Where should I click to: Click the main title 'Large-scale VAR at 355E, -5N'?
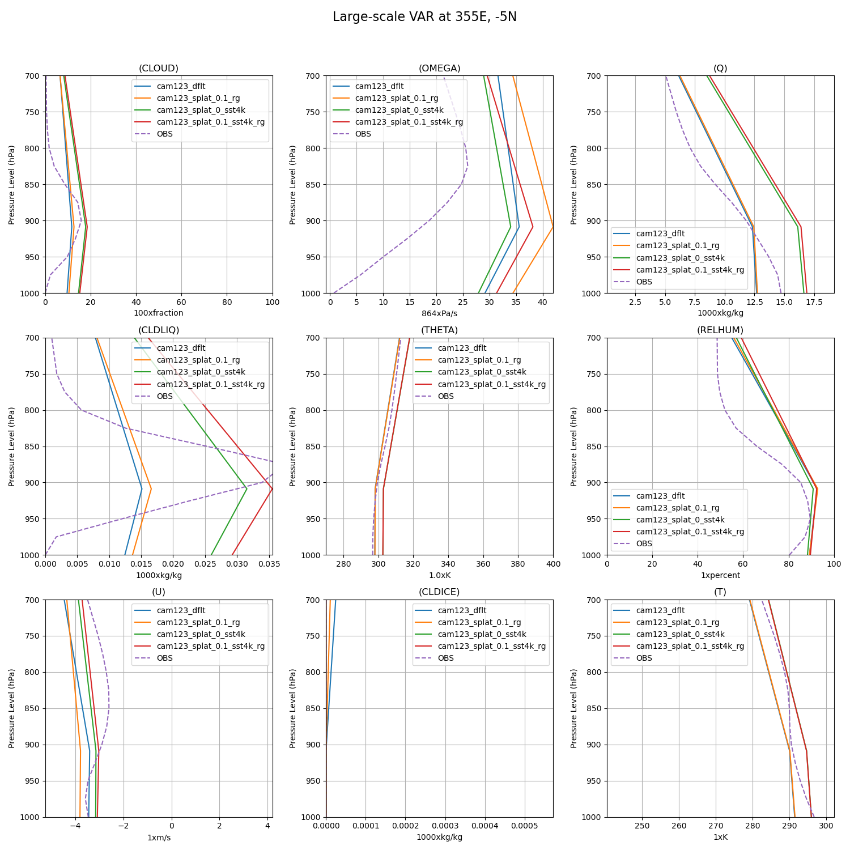424,17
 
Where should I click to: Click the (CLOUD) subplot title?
159,69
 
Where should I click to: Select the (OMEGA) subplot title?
439,69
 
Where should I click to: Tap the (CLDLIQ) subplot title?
159,330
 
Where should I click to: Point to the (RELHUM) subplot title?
720,330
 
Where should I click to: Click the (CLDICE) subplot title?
439,592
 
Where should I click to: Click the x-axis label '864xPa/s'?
439,313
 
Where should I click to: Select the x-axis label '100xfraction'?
159,313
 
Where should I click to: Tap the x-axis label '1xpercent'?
720,575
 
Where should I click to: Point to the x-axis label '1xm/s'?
159,838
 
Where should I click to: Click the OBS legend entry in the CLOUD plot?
164,134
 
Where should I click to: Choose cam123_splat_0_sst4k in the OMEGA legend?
399,110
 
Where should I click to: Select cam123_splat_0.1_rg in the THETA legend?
479,360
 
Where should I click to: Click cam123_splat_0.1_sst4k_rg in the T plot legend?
690,647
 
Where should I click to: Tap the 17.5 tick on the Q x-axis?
814,302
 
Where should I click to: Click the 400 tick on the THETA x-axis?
552,564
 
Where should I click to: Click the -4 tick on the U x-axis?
75,826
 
